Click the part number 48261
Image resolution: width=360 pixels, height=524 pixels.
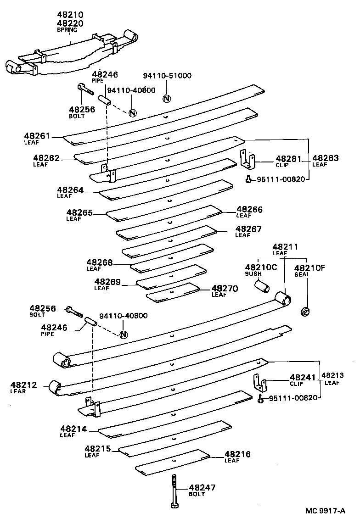(x=37, y=136)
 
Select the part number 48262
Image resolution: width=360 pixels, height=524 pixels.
(x=46, y=158)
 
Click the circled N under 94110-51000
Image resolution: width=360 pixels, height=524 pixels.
(x=167, y=98)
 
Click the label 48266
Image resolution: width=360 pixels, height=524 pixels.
(x=250, y=209)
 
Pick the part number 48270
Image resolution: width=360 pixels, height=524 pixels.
(x=225, y=289)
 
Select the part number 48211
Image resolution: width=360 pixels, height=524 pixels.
(x=285, y=247)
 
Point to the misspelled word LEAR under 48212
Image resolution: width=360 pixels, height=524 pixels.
(x=18, y=391)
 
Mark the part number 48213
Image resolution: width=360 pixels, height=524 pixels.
(x=334, y=375)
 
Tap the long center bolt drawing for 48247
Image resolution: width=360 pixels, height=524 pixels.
(x=174, y=490)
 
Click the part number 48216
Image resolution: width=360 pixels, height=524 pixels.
(x=238, y=454)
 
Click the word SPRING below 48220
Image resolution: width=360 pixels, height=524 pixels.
(x=67, y=30)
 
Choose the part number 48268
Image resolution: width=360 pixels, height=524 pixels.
(x=100, y=262)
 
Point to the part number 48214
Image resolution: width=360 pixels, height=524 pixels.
(x=73, y=429)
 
